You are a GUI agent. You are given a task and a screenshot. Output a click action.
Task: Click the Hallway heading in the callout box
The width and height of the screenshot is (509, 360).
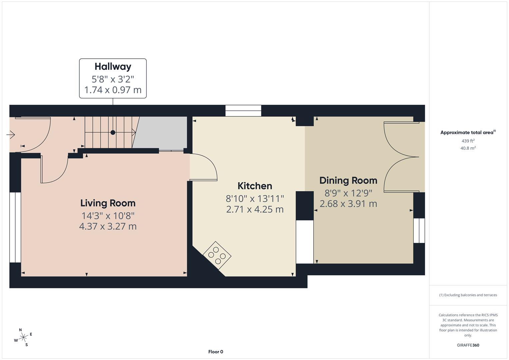click(x=113, y=66)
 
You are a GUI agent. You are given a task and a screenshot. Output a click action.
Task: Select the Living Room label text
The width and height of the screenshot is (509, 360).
click(x=108, y=203)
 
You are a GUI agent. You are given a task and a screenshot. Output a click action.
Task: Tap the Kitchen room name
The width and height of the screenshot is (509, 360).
click(x=255, y=186)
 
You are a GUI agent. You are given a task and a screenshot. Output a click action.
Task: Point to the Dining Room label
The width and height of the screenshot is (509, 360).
click(x=348, y=180)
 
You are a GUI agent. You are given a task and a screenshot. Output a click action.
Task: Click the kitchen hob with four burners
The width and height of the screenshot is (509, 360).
click(x=217, y=255)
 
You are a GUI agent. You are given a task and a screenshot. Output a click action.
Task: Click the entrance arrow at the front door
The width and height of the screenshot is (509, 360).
click(x=11, y=135)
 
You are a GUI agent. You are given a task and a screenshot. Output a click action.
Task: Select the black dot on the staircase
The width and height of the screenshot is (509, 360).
click(x=113, y=132)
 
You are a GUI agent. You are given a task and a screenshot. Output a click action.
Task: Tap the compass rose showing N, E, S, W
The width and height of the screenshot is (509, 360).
click(x=23, y=337)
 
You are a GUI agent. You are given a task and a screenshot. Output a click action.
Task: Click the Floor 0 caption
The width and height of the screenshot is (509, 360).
click(x=215, y=352)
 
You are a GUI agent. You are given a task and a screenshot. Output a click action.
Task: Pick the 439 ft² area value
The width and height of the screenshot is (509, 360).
click(x=468, y=141)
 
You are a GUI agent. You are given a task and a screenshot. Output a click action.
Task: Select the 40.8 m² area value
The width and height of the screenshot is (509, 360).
click(x=468, y=148)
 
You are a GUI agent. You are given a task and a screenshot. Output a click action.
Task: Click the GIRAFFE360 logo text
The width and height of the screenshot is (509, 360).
click(x=468, y=345)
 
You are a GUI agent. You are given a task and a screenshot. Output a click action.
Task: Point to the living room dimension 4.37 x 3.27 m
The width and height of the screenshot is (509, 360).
click(x=108, y=226)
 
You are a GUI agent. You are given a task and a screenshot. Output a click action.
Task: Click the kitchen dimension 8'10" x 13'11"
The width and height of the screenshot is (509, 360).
click(x=255, y=199)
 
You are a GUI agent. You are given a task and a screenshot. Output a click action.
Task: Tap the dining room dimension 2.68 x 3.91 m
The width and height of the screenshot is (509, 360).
click(x=348, y=204)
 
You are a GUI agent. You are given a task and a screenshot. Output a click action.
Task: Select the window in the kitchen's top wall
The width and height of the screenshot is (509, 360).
click(x=243, y=111)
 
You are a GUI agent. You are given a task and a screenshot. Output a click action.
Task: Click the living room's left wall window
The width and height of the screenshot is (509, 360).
click(x=15, y=227)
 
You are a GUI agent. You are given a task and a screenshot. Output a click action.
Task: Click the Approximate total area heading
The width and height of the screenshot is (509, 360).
click(x=468, y=132)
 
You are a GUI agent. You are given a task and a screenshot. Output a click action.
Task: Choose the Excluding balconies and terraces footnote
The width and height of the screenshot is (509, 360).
click(x=468, y=295)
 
